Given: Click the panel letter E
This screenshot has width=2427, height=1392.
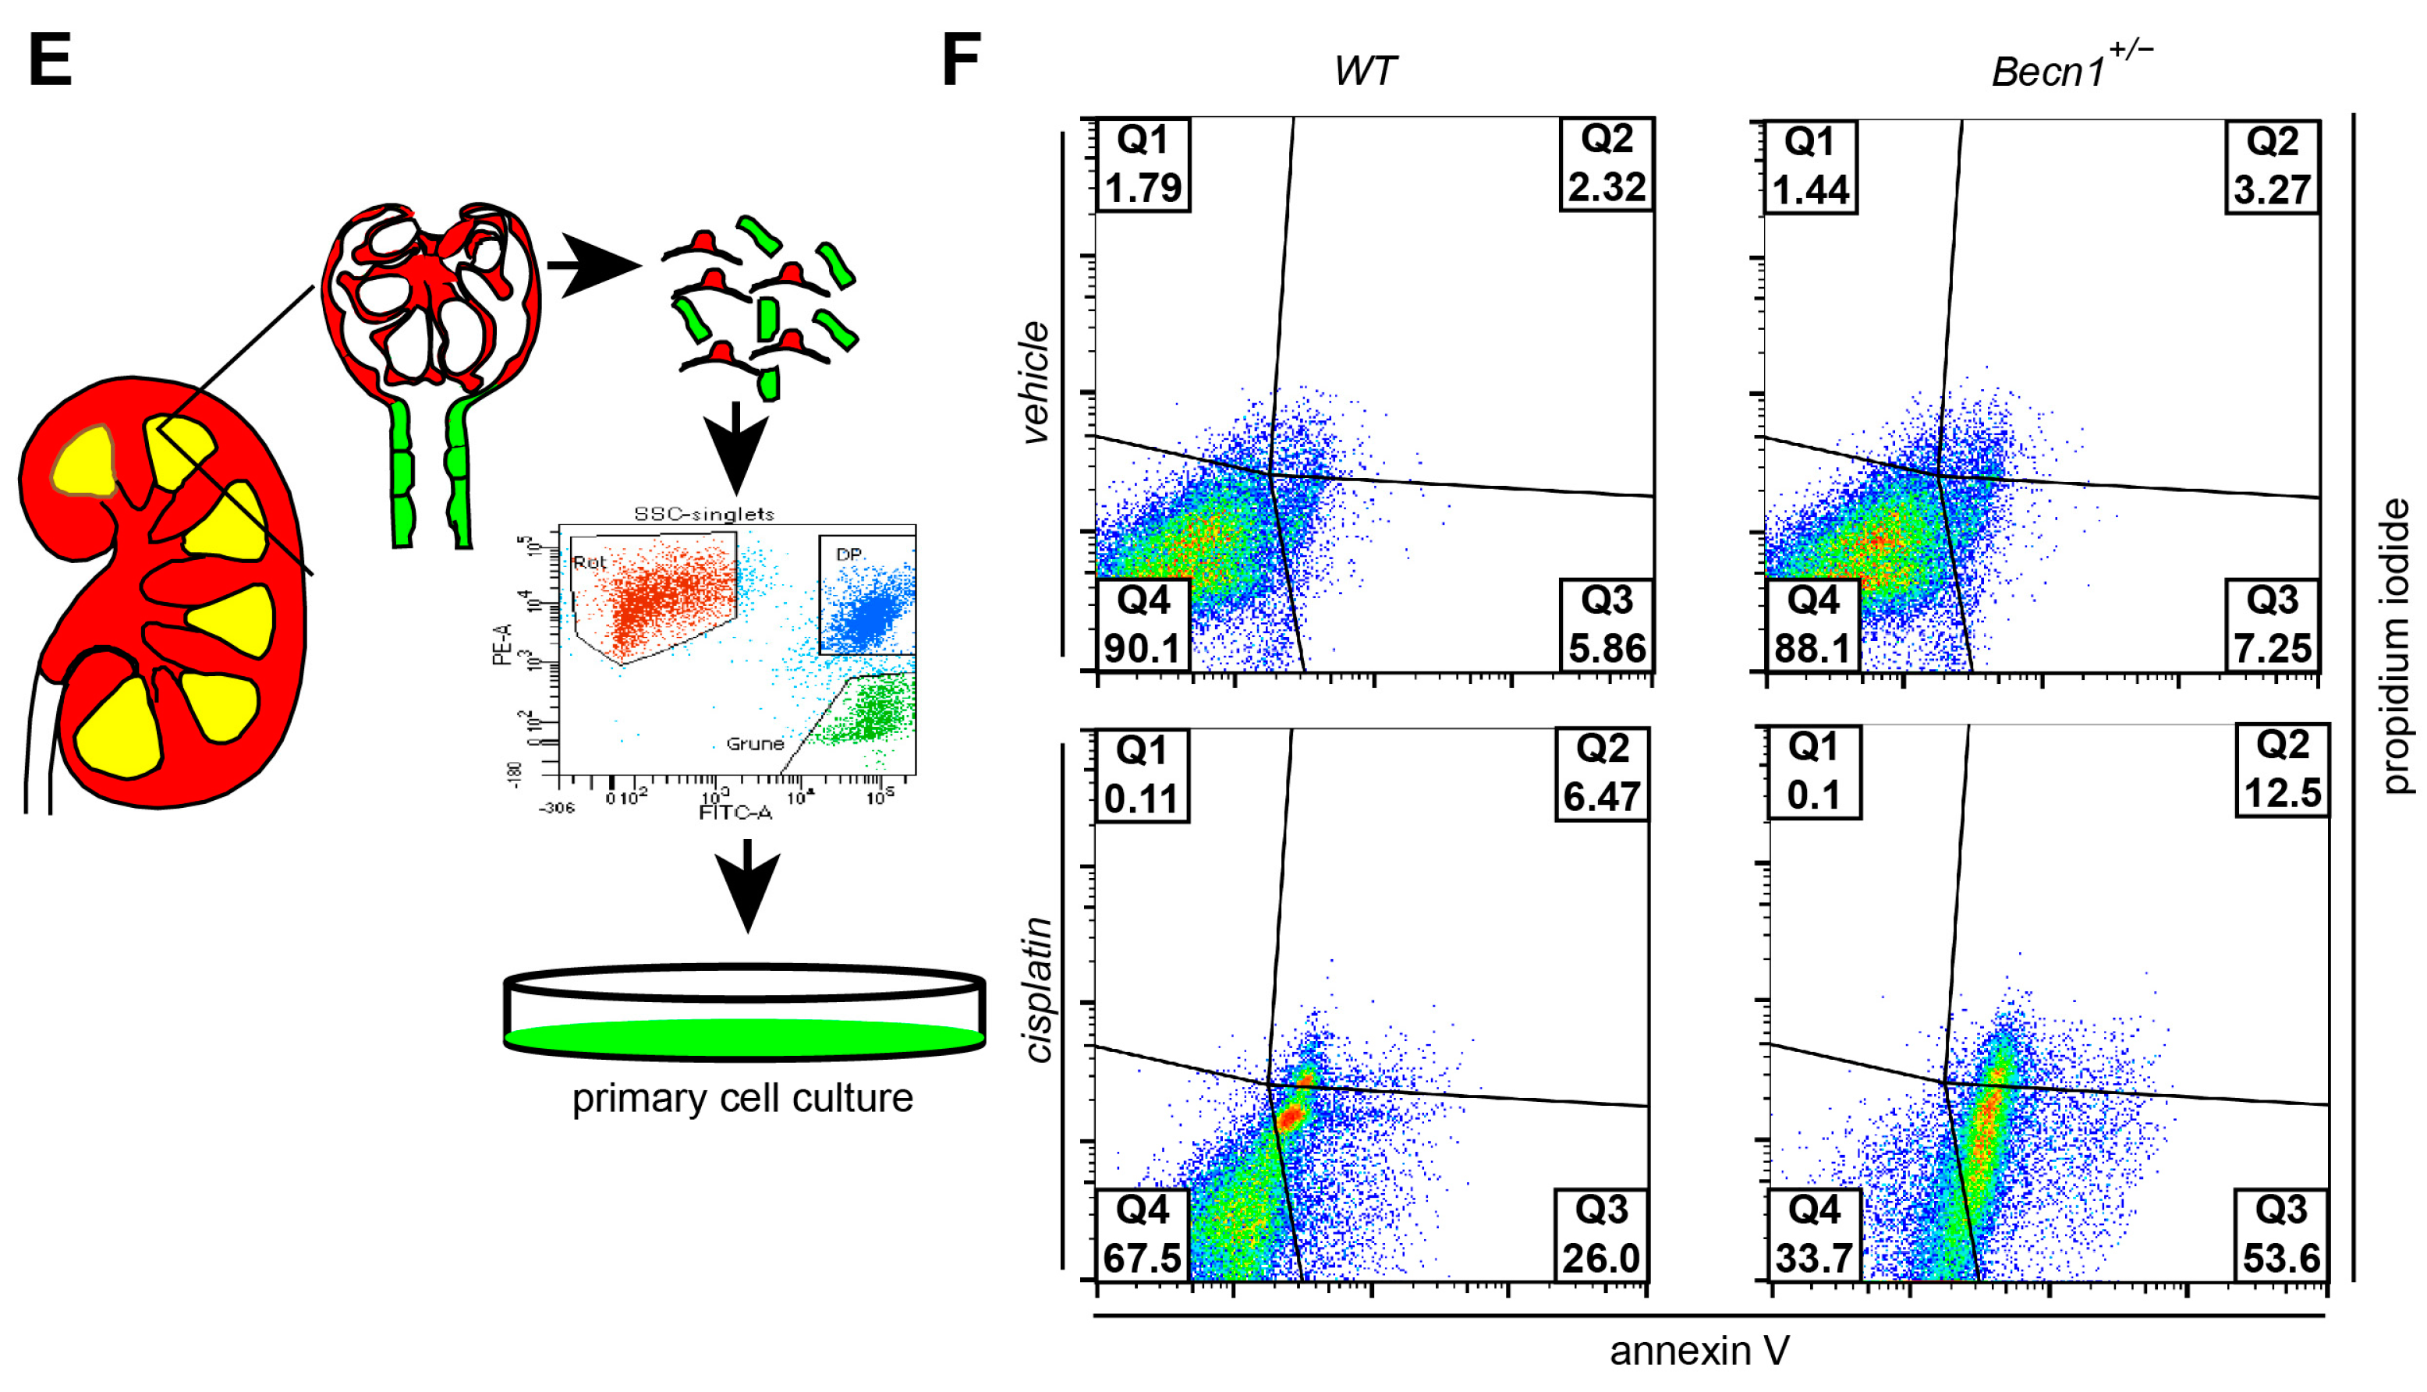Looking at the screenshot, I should coord(51,59).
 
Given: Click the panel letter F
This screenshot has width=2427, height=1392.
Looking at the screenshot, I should coord(961,59).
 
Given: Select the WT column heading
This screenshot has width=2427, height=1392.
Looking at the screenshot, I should coord(1364,72).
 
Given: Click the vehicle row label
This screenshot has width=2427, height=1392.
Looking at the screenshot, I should coord(1035,381).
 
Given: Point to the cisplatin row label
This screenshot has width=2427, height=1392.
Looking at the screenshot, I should coord(1038,990).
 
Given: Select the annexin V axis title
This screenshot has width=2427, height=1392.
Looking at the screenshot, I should coord(1699,1351).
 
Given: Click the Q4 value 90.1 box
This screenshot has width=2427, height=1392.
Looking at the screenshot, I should coord(1143,625).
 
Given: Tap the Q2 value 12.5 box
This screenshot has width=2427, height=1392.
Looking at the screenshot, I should coord(2282,770).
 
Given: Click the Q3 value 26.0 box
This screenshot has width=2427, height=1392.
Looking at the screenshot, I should coord(1601,1234).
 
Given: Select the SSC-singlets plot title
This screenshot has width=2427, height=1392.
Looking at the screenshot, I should coord(704,513).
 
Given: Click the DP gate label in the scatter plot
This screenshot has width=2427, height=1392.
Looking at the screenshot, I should coord(849,554).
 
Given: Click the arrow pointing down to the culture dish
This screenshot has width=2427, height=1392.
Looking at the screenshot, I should coord(746,884).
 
